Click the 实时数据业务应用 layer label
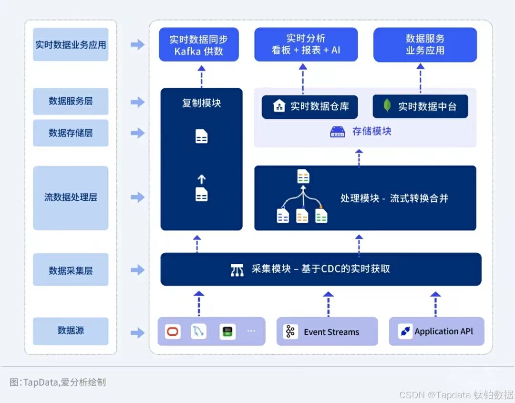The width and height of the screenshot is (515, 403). [71, 45]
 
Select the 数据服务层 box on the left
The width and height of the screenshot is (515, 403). [71, 101]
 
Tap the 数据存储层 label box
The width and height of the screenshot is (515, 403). [71, 133]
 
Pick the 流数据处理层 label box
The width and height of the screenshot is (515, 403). [71, 197]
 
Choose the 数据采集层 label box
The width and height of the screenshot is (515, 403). [71, 270]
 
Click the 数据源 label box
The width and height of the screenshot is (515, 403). [71, 331]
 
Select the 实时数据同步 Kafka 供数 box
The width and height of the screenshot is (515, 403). [199, 45]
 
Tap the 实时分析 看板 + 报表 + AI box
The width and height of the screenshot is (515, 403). [306, 44]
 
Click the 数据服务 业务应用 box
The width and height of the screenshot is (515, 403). [425, 44]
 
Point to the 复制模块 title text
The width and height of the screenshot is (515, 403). [201, 103]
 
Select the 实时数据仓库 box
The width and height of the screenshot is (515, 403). [310, 106]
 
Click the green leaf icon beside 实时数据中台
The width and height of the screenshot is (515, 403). [388, 106]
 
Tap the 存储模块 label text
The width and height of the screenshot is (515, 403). [371, 131]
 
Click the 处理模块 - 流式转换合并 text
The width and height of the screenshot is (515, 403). [394, 198]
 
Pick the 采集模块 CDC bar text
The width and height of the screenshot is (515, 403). [320, 269]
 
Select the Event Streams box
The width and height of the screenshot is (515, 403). [327, 331]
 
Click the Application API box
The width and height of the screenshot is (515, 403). [436, 331]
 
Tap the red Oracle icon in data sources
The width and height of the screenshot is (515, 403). [173, 331]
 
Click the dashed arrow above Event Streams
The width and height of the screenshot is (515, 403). [328, 304]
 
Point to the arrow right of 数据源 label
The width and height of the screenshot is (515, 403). [137, 332]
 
